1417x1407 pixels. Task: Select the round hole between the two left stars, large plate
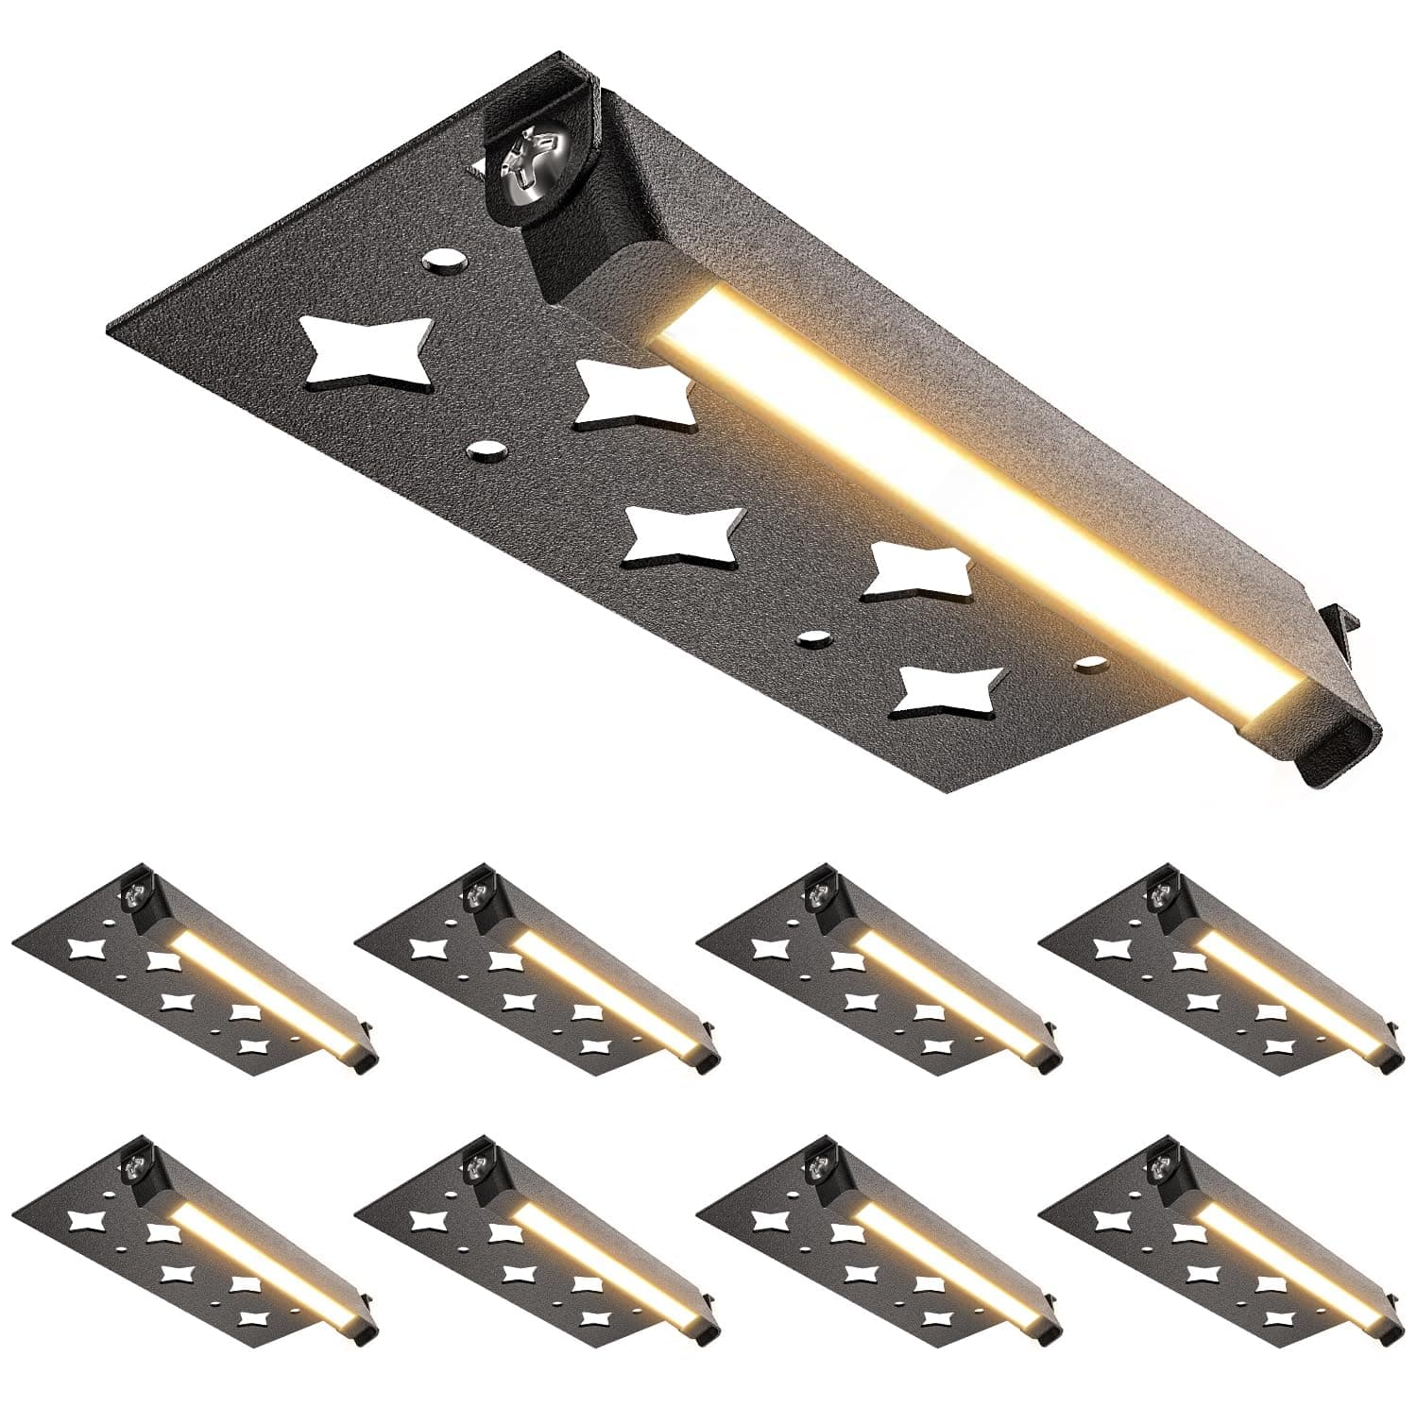pos(486,450)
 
